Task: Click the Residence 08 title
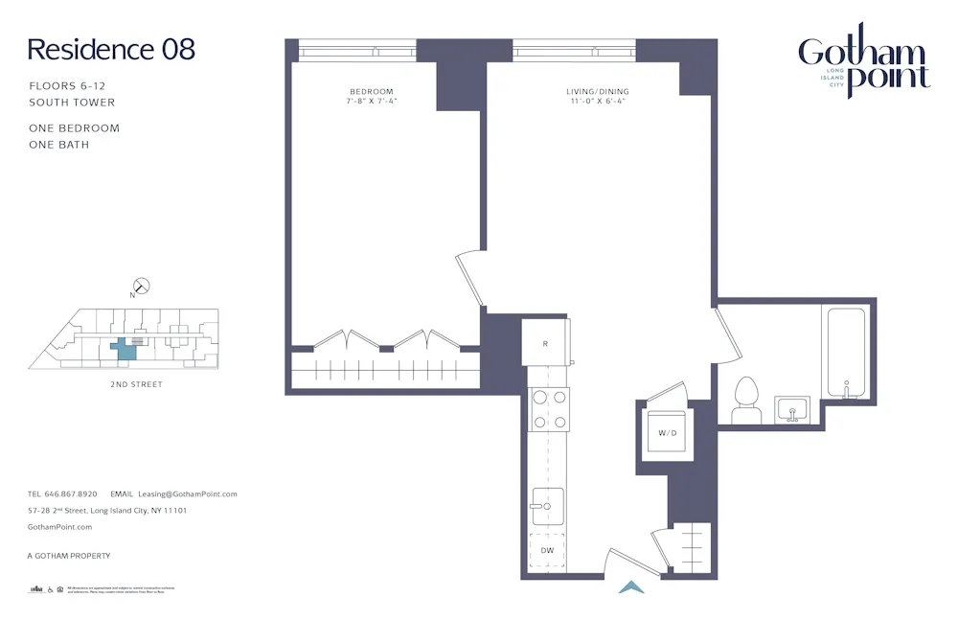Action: point(111,50)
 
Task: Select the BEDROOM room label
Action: point(371,92)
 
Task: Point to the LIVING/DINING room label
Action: point(597,92)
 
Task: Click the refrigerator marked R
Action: point(545,343)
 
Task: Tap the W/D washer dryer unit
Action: point(667,433)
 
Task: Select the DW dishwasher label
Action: point(546,550)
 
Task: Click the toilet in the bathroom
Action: point(744,400)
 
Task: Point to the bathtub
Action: point(846,352)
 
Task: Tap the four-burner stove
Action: point(548,409)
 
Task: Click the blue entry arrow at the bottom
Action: point(631,587)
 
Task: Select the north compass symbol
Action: point(141,285)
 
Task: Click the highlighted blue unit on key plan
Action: point(124,349)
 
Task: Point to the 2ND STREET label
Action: point(136,384)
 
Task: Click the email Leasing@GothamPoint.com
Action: point(187,494)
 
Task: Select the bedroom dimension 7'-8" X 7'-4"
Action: point(371,101)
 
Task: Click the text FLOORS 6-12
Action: point(67,86)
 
